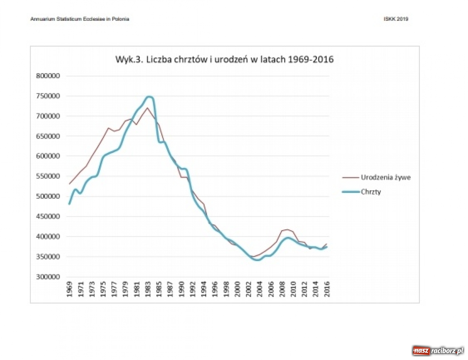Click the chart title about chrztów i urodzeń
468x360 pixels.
(224, 59)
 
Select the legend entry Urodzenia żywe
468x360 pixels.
(385, 177)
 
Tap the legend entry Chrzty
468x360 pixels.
(371, 192)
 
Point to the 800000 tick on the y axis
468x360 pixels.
(48, 76)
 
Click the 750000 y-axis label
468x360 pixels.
(48, 96)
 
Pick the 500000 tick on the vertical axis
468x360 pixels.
(48, 196)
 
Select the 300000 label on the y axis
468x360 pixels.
(48, 277)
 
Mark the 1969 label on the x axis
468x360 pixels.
(69, 289)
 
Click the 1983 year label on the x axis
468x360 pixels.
(148, 289)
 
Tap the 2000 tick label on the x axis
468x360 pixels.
(238, 289)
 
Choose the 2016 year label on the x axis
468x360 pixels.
(327, 289)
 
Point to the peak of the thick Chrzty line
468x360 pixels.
(149, 97)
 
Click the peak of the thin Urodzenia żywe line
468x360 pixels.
(147, 108)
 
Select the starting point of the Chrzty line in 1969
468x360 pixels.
(69, 204)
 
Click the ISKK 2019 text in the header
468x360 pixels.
(396, 19)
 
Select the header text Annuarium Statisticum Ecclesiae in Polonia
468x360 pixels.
(80, 19)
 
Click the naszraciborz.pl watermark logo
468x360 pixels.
(438, 351)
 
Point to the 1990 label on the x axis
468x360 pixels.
(182, 289)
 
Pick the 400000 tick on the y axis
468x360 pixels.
(48, 236)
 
